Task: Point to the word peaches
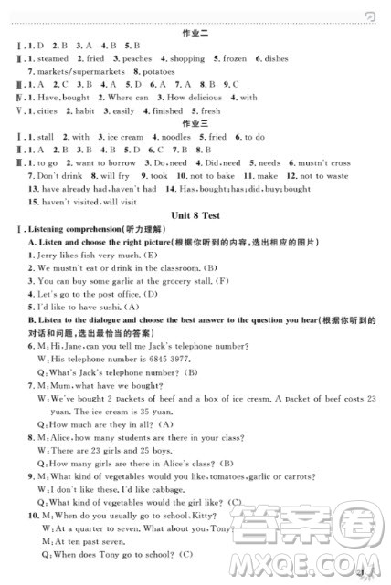pyautogui.click(x=136, y=58)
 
